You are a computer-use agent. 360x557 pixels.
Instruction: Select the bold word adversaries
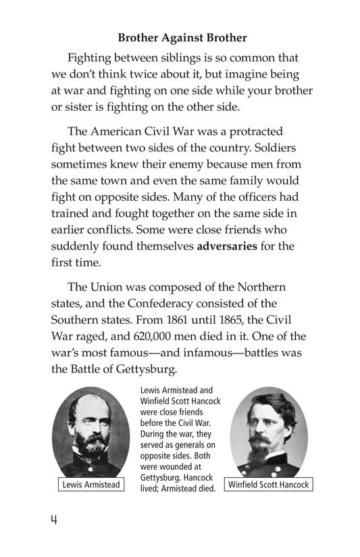[x=227, y=246]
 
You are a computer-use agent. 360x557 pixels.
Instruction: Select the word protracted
[x=250, y=131]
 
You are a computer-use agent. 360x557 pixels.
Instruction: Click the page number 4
[x=53, y=522]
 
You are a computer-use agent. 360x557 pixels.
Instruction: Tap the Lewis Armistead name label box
[x=91, y=485]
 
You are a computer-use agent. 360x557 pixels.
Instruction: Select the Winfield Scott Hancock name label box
[x=268, y=485]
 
